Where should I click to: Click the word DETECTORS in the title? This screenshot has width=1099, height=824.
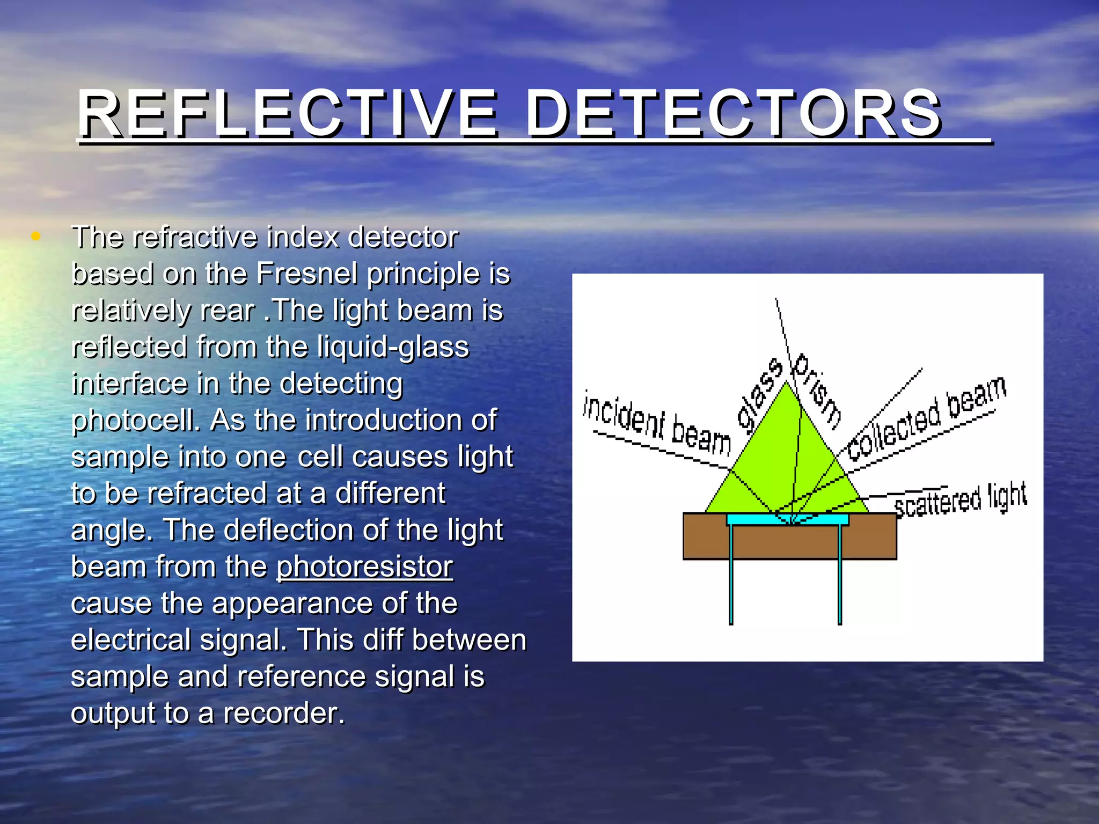pos(733,114)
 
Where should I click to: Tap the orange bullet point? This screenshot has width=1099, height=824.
pos(36,236)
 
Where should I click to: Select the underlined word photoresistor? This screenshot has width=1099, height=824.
pos(364,566)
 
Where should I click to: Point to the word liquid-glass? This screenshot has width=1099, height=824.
pos(393,347)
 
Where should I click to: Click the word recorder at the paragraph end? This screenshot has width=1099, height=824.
pos(284,713)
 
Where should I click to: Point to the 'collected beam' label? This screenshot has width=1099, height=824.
pos(926,418)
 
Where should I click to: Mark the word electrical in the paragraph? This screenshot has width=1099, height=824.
pos(130,640)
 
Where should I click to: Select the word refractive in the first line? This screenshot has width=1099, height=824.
pos(195,237)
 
